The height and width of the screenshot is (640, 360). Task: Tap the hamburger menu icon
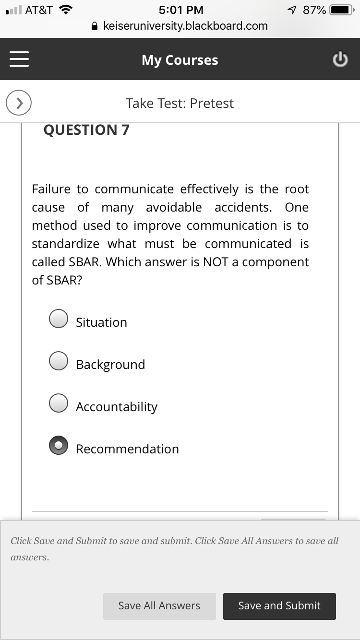tap(19, 59)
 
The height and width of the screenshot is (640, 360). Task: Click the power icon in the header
tap(340, 59)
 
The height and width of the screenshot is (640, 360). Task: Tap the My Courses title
tap(180, 60)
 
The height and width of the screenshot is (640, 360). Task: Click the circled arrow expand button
tap(19, 103)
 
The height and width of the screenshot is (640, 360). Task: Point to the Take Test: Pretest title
tap(180, 103)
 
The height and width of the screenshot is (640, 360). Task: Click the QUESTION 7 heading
tap(86, 130)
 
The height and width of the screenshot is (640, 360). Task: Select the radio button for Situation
tap(59, 319)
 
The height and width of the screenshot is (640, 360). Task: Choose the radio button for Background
tap(59, 361)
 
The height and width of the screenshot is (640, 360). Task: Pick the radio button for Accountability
tap(59, 403)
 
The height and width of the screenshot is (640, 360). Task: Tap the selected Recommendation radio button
tap(59, 445)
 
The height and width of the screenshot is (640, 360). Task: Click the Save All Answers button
tap(159, 606)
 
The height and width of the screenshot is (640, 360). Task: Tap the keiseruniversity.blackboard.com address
tap(185, 26)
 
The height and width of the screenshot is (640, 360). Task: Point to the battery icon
tap(342, 10)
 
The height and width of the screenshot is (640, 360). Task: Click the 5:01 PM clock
tap(180, 10)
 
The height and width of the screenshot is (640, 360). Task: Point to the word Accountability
tap(117, 407)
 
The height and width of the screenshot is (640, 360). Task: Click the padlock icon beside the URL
tap(96, 26)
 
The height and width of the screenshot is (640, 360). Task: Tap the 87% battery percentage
tap(314, 10)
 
